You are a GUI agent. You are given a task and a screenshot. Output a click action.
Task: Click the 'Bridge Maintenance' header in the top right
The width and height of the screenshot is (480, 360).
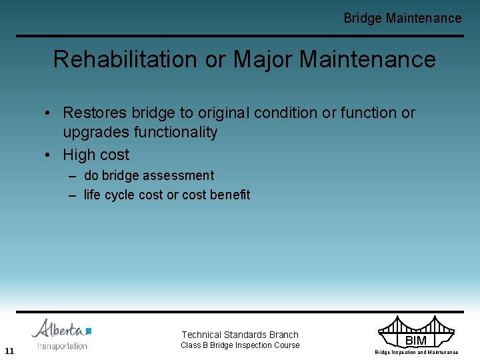tap(402, 18)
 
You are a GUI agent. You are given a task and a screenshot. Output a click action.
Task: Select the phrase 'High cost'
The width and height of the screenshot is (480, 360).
tap(96, 155)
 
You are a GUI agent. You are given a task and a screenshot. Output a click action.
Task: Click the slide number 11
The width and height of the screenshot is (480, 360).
tap(9, 351)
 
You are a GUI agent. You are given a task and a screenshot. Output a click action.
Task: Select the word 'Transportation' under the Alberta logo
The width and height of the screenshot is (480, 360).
tap(62, 346)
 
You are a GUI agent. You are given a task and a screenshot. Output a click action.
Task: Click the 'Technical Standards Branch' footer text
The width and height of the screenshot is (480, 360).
tap(240, 335)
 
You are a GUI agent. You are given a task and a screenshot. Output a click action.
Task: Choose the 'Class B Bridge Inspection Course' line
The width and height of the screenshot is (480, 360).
tap(240, 345)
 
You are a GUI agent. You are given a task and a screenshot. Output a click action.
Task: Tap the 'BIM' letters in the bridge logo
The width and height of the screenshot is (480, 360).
tap(416, 341)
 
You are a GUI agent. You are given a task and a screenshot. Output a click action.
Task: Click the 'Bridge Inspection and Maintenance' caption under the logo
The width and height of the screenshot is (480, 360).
tap(416, 352)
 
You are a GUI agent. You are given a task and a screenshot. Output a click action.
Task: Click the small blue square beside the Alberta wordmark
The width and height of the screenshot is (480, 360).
tap(89, 331)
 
